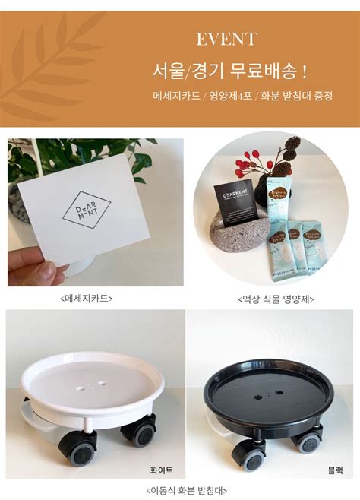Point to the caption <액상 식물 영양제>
(x=270, y=298)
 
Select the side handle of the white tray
(x=33, y=416)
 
